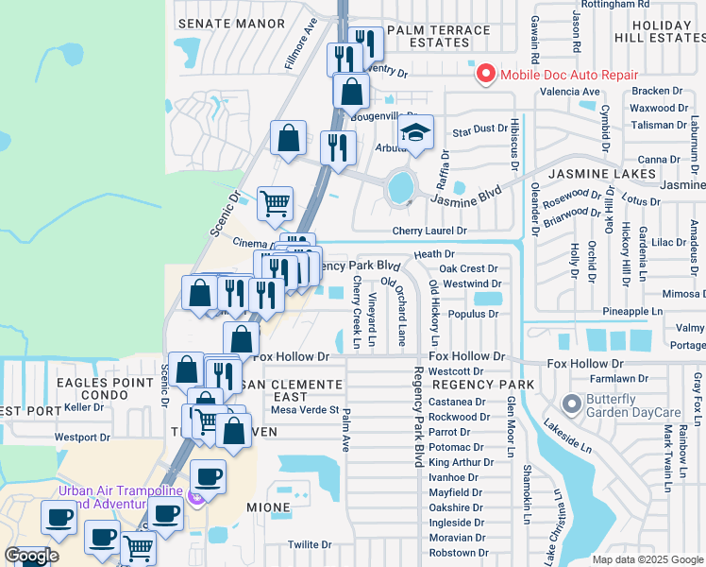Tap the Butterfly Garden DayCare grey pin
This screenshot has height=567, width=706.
coord(570,404)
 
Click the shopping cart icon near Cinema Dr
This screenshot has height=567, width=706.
coord(275,202)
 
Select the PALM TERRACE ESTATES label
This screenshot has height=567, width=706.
coord(438,37)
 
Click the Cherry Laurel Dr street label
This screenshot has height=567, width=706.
coord(429,231)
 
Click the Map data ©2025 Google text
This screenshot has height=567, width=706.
coord(647,559)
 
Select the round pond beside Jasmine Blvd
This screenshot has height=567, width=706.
coord(401,187)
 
